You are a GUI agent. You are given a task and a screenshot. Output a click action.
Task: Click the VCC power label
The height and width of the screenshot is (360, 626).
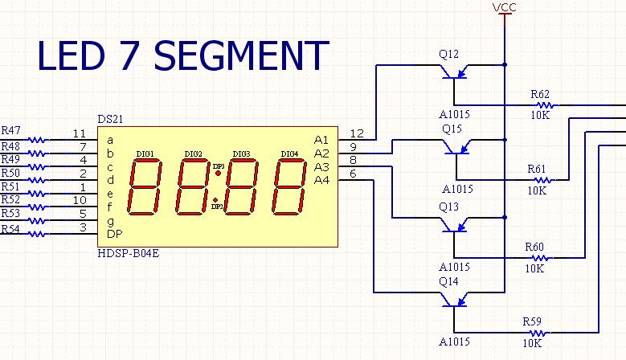504,7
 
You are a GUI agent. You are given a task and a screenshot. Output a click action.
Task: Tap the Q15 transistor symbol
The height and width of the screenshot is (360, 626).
456,147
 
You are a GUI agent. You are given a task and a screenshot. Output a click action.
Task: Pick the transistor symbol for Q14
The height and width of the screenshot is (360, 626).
454,300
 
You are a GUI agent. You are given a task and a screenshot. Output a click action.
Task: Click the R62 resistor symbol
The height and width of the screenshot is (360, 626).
545,105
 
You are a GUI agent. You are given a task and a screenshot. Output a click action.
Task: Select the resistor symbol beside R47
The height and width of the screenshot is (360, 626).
38,140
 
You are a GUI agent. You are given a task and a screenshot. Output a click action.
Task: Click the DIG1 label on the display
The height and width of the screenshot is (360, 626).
145,153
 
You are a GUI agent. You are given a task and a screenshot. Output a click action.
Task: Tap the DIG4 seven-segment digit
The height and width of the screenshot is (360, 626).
289,186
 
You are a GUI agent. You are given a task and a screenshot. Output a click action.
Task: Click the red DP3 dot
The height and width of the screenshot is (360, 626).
218,174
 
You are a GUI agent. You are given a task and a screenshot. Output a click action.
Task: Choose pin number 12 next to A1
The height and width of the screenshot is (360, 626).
357,133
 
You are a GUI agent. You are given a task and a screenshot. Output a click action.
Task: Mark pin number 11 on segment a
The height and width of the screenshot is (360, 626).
80,133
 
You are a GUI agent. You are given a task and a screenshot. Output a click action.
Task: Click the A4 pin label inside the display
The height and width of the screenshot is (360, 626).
321,180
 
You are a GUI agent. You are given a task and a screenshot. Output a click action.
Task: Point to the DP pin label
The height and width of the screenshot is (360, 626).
115,234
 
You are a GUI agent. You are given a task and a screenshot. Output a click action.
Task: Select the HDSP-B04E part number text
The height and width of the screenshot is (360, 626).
128,253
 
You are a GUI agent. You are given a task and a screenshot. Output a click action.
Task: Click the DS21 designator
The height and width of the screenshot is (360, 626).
110,119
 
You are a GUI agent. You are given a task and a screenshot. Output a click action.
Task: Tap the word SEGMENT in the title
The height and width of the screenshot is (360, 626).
241,55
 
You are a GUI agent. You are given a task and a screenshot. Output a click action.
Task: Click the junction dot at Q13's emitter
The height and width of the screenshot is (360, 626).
505,218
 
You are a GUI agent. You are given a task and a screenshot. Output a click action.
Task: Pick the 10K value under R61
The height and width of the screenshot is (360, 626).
537,190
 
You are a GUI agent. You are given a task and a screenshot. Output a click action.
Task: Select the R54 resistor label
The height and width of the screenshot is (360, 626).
10,229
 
